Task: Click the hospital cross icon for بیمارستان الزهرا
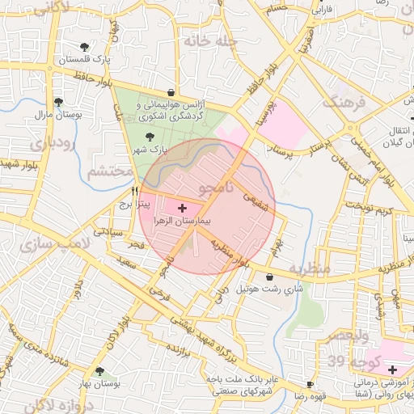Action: [x=181, y=208]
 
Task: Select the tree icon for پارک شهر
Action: [x=148, y=137]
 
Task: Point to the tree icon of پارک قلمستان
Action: [x=86, y=46]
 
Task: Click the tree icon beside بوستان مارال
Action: [x=58, y=102]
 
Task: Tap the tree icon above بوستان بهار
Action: [x=99, y=371]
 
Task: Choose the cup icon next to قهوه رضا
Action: [x=310, y=384]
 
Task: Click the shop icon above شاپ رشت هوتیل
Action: [x=269, y=277]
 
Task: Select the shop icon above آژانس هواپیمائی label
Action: [x=171, y=93]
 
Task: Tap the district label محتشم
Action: [x=109, y=171]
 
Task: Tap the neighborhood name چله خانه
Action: [x=209, y=40]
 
